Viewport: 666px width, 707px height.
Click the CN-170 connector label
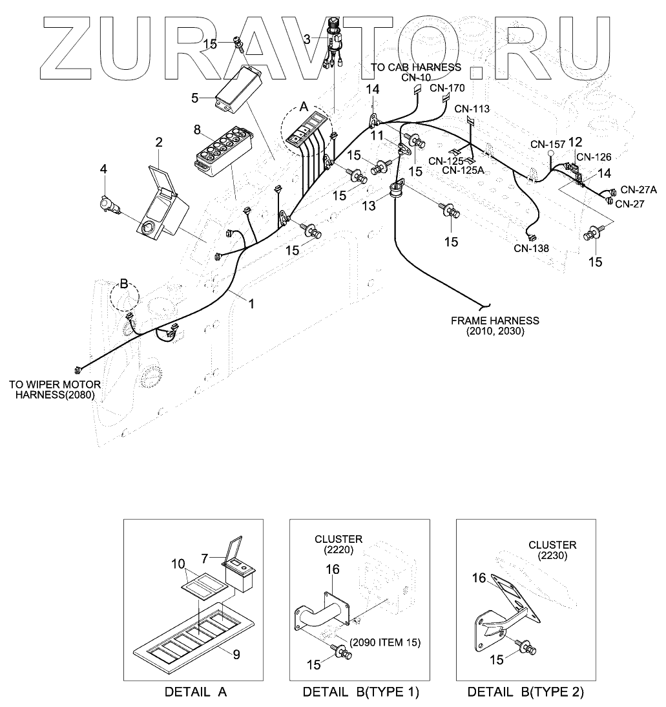pos(447,87)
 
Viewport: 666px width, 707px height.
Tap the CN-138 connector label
pos(532,248)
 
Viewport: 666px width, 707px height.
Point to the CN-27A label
pos(638,189)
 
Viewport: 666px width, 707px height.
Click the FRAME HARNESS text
pos(495,321)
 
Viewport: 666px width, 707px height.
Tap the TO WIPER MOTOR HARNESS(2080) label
pos(52,390)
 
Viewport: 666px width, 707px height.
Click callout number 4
pos(103,169)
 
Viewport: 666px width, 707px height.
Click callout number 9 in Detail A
pos(236,653)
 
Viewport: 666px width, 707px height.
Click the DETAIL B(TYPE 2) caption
pos(526,692)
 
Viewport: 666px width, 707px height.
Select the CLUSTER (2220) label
pos(338,543)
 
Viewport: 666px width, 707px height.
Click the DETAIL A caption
pos(196,692)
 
